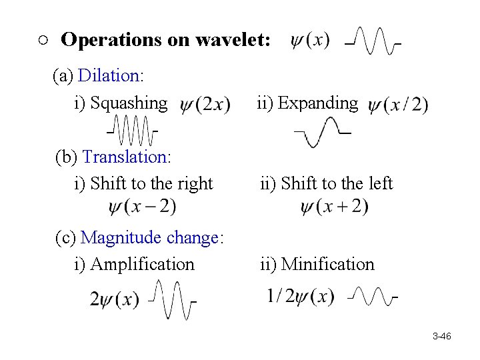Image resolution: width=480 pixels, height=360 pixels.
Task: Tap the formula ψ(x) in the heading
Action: click(310, 40)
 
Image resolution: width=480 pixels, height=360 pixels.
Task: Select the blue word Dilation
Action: click(108, 75)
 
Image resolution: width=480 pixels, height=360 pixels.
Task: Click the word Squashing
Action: click(129, 103)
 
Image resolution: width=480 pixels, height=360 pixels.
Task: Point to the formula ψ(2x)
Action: click(205, 105)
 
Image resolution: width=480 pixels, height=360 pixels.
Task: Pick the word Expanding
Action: click(318, 103)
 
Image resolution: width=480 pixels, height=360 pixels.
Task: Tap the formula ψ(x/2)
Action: click(398, 105)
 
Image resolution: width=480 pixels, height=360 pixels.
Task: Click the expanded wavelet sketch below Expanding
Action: click(323, 131)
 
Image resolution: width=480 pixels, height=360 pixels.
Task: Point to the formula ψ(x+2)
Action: click(334, 207)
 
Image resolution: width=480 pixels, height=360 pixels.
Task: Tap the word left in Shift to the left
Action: click(378, 183)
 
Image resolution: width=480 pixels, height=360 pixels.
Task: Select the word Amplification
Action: click(142, 264)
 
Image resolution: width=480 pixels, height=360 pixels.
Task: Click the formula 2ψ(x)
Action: click(115, 299)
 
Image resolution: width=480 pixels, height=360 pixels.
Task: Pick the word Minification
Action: click(327, 264)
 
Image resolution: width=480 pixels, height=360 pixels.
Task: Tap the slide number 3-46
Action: click(441, 337)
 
